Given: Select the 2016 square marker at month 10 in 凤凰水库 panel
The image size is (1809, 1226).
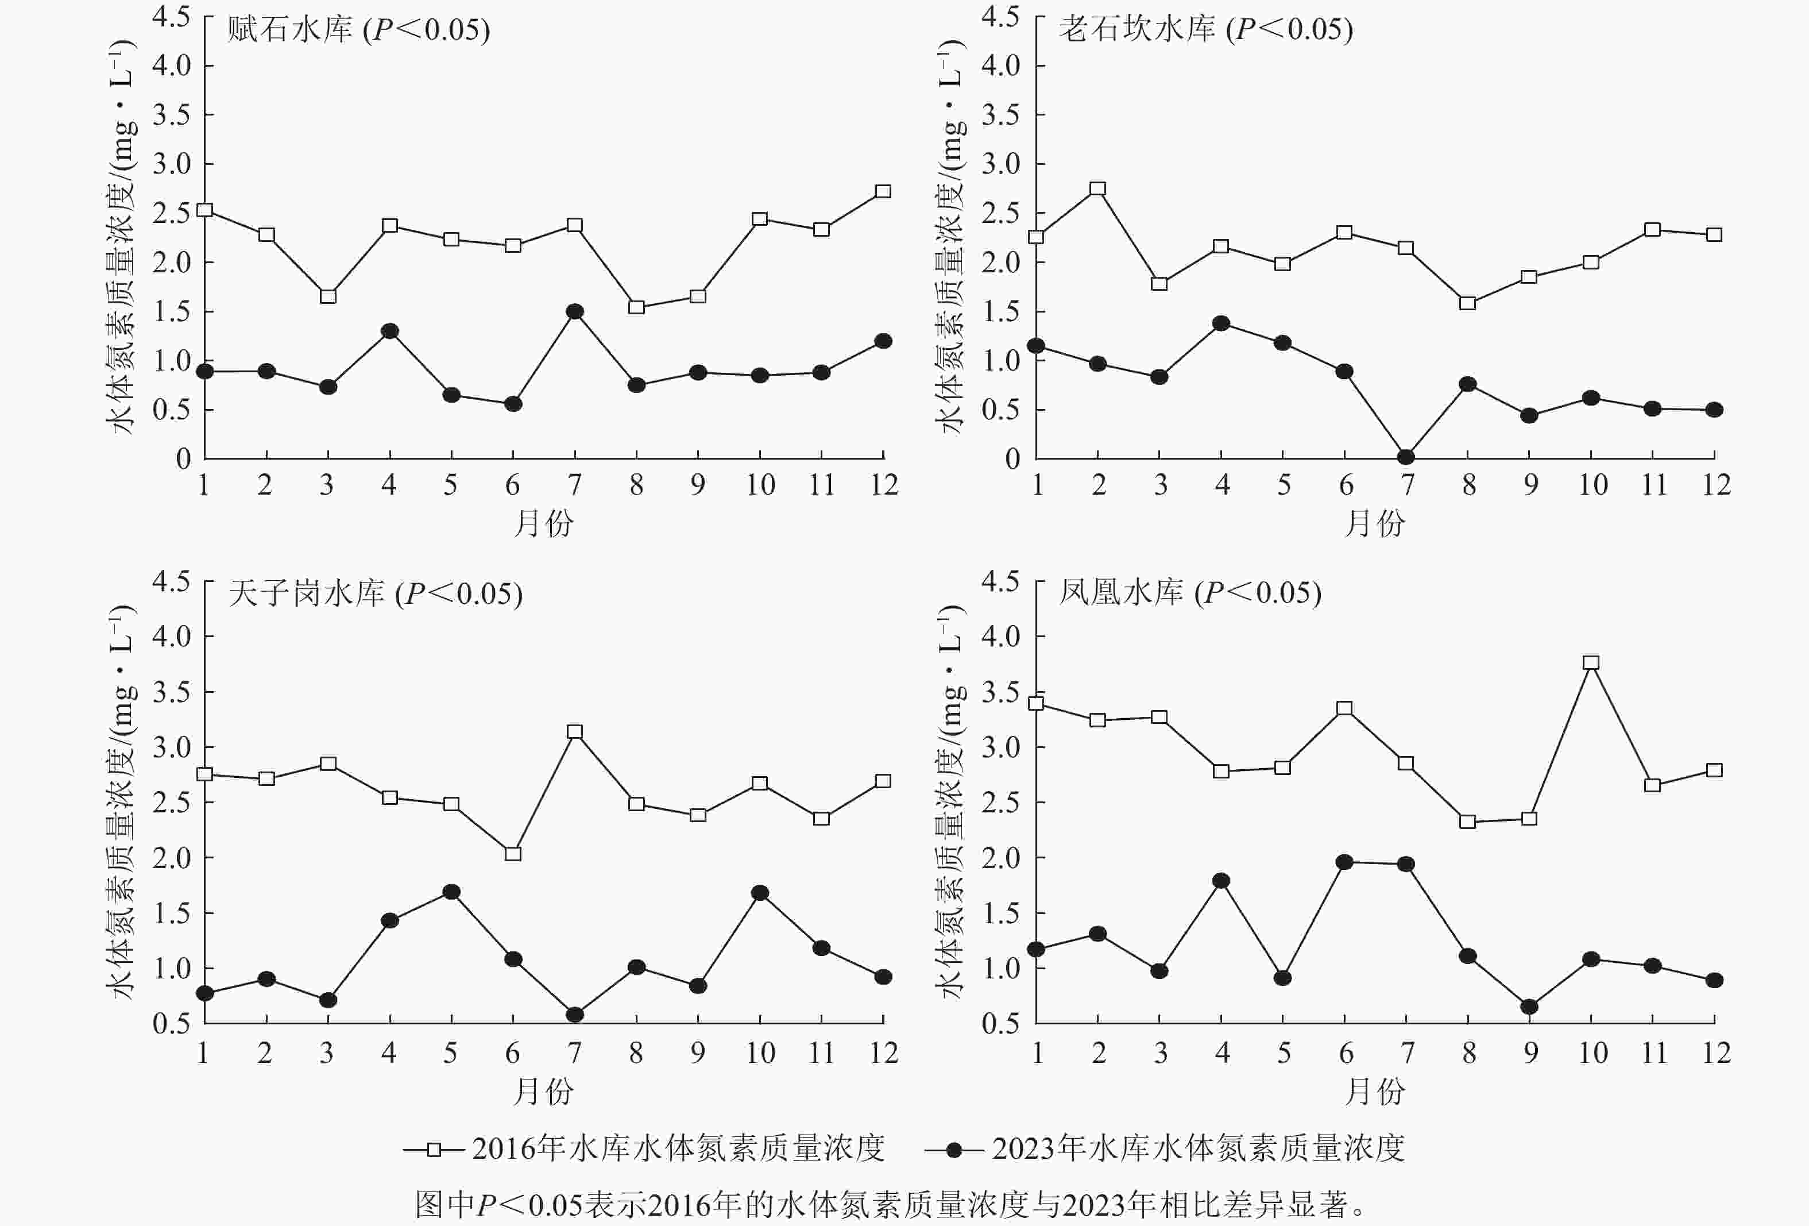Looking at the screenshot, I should click(x=1591, y=663).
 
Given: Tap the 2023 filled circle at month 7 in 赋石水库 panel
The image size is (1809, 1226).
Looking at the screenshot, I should click(x=574, y=311).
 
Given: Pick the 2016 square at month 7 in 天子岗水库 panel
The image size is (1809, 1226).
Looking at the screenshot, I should click(x=574, y=732).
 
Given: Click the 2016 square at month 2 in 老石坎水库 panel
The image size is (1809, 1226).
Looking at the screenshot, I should click(x=1098, y=188).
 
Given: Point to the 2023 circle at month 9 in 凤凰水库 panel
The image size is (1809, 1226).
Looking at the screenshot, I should click(x=1529, y=1007).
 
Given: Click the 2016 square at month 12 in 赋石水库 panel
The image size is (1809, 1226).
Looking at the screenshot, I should click(x=883, y=192).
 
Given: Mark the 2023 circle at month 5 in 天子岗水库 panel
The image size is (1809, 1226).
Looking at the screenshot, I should click(x=451, y=892).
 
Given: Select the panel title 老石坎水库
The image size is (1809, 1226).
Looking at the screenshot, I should click(x=1137, y=30).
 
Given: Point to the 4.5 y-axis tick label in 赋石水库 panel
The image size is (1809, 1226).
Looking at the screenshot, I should click(x=171, y=17).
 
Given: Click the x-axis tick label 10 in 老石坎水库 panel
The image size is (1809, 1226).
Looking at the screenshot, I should click(x=1592, y=485).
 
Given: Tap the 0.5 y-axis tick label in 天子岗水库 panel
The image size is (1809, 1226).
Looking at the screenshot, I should click(x=171, y=1023).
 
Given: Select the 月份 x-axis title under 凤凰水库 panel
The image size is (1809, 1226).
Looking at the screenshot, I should click(x=1375, y=1091).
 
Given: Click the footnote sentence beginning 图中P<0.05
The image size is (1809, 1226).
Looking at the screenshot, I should click(x=891, y=1204).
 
